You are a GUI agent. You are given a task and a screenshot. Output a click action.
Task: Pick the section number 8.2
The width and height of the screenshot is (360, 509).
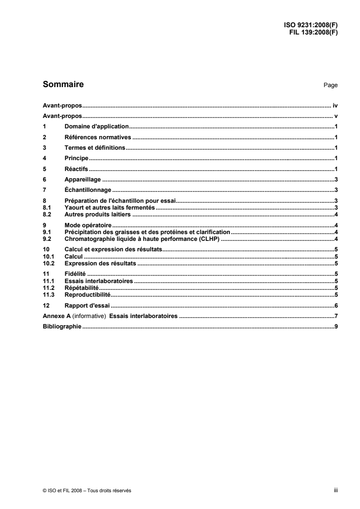point(46,212)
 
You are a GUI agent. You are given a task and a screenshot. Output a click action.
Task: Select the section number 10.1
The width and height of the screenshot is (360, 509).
point(48,256)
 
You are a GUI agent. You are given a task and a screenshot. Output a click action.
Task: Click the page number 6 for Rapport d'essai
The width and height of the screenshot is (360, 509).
point(335,305)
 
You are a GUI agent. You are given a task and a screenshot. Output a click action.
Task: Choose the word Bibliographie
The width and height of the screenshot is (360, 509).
point(62,327)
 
